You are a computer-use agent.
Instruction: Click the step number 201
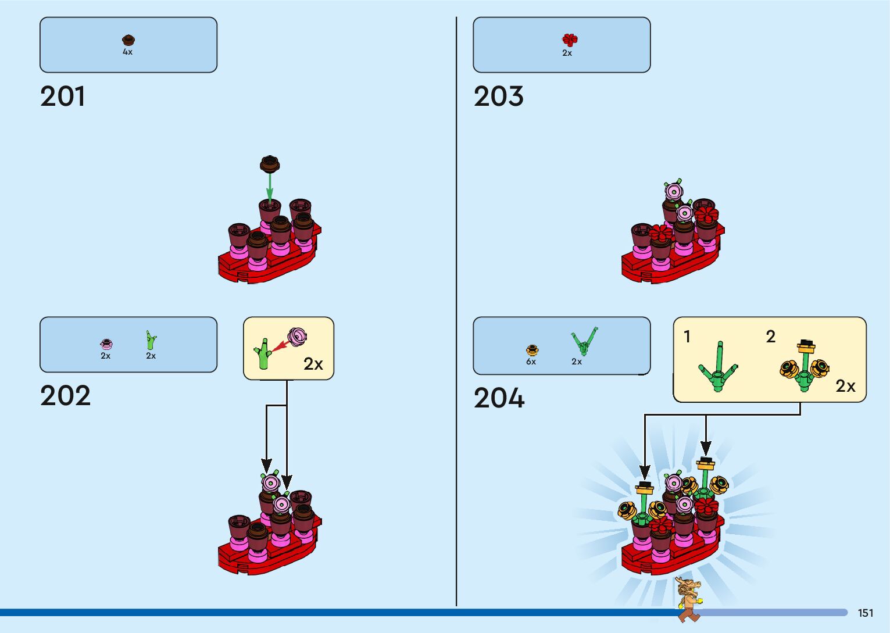[63, 96]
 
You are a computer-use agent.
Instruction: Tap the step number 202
[65, 396]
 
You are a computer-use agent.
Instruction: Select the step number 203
[498, 96]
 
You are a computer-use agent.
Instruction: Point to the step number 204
[499, 399]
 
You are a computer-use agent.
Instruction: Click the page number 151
[865, 613]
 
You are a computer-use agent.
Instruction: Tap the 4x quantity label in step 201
[127, 52]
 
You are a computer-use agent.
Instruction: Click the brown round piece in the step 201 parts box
[128, 40]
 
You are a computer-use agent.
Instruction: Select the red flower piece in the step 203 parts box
[570, 40]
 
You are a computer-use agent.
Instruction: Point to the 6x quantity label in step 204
[531, 362]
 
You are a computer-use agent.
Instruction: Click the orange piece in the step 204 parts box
[532, 350]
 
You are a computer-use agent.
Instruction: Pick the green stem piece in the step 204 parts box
[584, 341]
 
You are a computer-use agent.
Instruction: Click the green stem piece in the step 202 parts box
[151, 341]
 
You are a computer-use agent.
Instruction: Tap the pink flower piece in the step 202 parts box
[106, 344]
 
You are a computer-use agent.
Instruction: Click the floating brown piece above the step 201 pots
[270, 164]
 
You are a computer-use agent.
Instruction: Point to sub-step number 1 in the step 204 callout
[687, 337]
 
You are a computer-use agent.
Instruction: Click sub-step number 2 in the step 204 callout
[771, 337]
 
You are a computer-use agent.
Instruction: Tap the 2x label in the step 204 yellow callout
[845, 386]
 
